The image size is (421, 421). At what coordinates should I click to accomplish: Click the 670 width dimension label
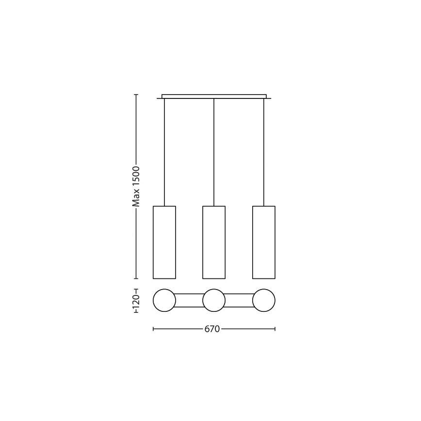pos(212,329)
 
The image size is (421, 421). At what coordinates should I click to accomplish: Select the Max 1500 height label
pos(136,187)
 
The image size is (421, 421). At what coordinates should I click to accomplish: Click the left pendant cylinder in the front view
pos(164,243)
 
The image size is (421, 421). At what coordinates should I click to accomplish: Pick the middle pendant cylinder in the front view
pos(214,243)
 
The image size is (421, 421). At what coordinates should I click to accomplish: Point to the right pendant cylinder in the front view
pos(264,243)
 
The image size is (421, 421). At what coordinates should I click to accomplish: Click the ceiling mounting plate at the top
pos(214,97)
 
